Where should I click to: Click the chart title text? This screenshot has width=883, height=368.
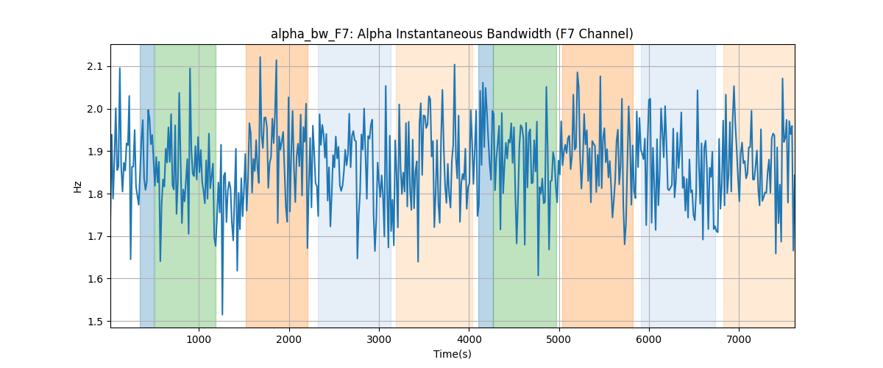click(x=452, y=35)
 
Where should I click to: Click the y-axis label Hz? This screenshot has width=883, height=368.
click(x=78, y=186)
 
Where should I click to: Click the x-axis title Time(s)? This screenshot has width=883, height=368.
click(x=452, y=354)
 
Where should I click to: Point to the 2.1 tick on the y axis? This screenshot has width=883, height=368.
click(x=95, y=67)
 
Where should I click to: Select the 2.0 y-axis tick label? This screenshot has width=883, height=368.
click(x=95, y=109)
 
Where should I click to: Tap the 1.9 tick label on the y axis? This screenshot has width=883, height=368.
click(x=95, y=152)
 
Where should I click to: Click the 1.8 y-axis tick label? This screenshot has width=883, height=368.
click(x=95, y=194)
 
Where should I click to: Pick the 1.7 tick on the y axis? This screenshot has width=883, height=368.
click(x=95, y=237)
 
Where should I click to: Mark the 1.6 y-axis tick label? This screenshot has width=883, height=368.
click(x=95, y=279)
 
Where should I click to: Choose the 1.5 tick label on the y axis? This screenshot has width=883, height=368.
click(x=95, y=322)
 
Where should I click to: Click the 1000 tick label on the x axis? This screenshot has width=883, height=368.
click(x=199, y=339)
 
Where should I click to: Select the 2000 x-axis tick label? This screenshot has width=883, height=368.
click(x=289, y=339)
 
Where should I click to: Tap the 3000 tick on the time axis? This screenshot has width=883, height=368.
click(x=379, y=339)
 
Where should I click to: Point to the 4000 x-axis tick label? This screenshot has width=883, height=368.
click(x=469, y=339)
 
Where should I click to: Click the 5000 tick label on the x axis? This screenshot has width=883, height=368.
click(x=559, y=339)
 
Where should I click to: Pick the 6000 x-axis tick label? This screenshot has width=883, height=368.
click(x=649, y=339)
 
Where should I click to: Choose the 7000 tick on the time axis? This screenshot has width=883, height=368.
click(x=739, y=339)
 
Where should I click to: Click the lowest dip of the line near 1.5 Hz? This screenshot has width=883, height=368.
click(x=222, y=314)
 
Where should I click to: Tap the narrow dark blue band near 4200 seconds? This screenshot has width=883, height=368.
click(x=486, y=186)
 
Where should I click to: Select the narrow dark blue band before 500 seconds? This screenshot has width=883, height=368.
click(x=147, y=186)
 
